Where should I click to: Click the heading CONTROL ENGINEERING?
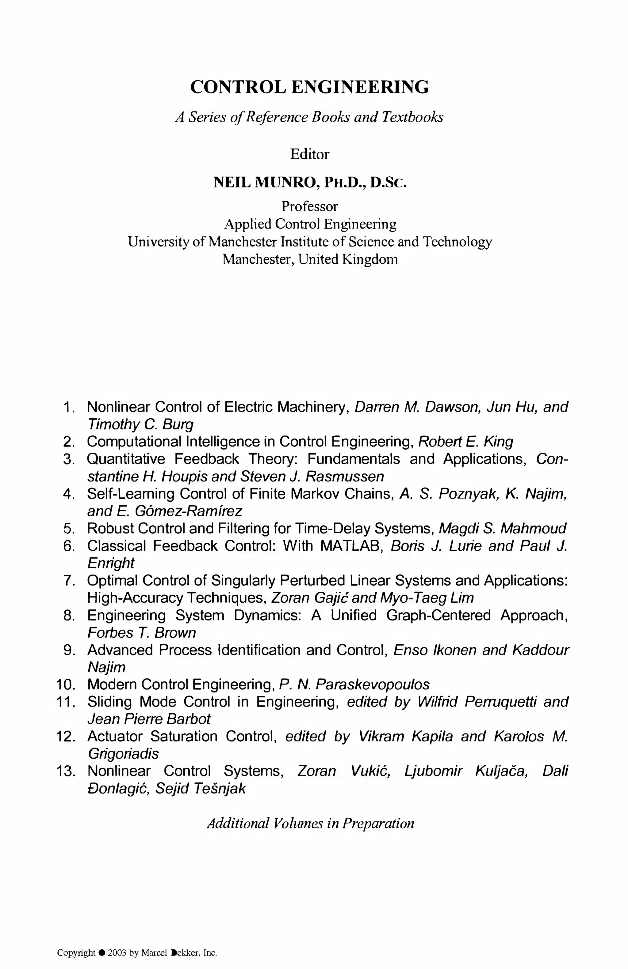309,87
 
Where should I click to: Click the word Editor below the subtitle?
309,154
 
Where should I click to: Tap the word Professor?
309,206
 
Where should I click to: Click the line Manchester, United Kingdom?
310,259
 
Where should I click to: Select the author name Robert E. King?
466,441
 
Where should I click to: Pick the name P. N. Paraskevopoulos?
354,684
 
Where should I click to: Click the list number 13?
66,771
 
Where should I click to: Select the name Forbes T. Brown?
141,632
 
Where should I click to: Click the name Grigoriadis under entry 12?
123,754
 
